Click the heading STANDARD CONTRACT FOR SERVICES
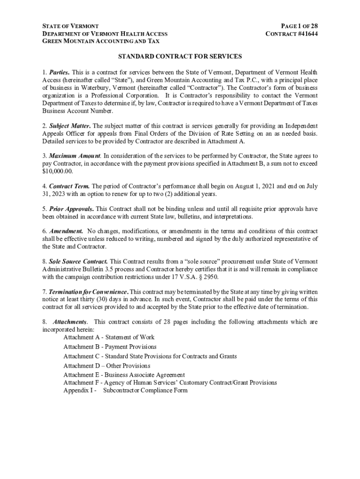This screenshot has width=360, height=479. pos(180,57)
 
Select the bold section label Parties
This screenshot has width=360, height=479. pos(59,73)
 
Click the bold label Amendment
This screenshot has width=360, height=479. pos(66,231)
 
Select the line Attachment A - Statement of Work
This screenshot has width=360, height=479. pos(109,337)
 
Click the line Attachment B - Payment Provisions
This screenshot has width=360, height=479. pos(110,347)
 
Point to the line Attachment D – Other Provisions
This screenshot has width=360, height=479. pos(107,366)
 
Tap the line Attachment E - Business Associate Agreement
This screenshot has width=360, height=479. pos(124,375)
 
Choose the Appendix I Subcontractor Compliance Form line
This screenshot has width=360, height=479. pos(125,390)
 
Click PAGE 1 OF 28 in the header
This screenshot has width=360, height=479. pos(299,26)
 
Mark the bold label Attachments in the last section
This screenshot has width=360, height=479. pos(70,322)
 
